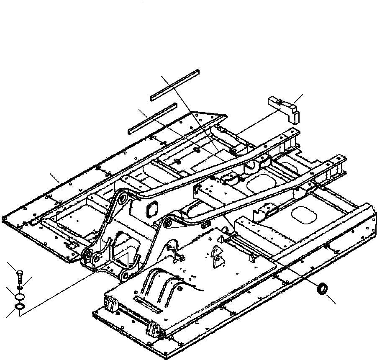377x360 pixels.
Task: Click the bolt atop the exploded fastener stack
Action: click(x=18, y=276)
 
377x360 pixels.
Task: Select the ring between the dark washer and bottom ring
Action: click(x=19, y=297)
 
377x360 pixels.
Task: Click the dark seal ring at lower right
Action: click(x=322, y=289)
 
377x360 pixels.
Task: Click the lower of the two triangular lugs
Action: click(x=217, y=263)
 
